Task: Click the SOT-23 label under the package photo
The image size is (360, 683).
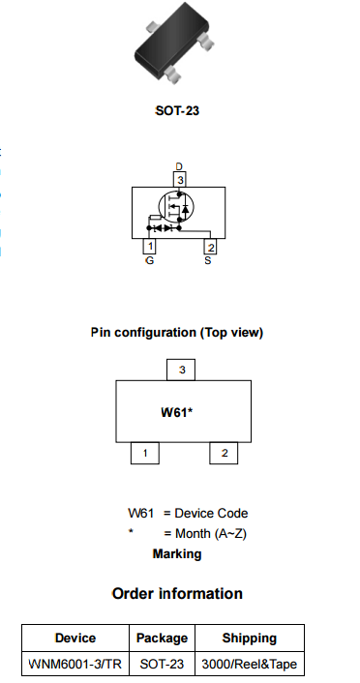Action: pyautogui.click(x=177, y=111)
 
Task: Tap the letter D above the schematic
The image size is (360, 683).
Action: pyautogui.click(x=179, y=167)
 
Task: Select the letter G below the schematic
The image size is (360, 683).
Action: pyautogui.click(x=149, y=260)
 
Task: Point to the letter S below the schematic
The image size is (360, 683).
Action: pyautogui.click(x=208, y=260)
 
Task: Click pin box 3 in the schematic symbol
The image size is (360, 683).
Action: pyautogui.click(x=179, y=179)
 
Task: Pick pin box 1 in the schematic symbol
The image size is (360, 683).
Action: pyautogui.click(x=150, y=247)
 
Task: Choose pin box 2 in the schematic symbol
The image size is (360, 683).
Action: pyautogui.click(x=210, y=247)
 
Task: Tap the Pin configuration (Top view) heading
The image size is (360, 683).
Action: pyautogui.click(x=177, y=333)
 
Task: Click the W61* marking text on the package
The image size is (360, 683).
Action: pyautogui.click(x=177, y=412)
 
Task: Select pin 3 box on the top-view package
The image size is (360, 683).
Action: pyautogui.click(x=182, y=370)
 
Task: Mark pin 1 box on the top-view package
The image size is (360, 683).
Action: pyautogui.click(x=145, y=453)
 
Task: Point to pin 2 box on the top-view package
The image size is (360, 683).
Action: pyautogui.click(x=225, y=453)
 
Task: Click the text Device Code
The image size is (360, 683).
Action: pyautogui.click(x=212, y=514)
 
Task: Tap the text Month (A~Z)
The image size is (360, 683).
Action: pyautogui.click(x=211, y=534)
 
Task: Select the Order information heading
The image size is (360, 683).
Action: pyautogui.click(x=177, y=593)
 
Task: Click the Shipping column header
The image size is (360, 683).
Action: pyautogui.click(x=249, y=638)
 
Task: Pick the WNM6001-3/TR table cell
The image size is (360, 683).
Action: pyautogui.click(x=75, y=665)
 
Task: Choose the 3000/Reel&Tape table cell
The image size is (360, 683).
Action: pyautogui.click(x=249, y=665)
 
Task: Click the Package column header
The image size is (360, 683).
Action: pyautogui.click(x=162, y=638)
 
